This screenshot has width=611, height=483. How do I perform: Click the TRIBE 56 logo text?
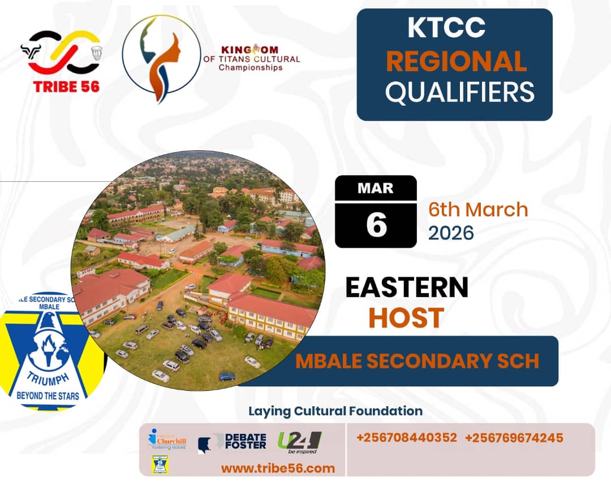click(x=66, y=86)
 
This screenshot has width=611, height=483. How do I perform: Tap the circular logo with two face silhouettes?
click(x=161, y=59)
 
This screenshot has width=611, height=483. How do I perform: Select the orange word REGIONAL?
click(x=456, y=62)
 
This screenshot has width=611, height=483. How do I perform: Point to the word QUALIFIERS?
click(x=459, y=92)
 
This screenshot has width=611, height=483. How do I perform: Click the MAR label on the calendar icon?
click(x=376, y=188)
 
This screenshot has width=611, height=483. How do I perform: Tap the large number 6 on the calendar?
click(x=376, y=224)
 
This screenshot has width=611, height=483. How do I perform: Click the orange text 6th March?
click(x=478, y=210)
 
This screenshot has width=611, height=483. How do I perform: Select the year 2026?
click(x=451, y=232)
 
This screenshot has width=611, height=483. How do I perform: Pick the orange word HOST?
click(x=406, y=318)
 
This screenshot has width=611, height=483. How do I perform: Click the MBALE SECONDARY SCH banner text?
click(x=417, y=361)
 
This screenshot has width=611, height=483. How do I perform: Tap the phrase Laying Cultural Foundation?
click(x=335, y=411)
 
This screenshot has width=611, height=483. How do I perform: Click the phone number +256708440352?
click(x=407, y=438)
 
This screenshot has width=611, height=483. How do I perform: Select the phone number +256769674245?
click(x=514, y=438)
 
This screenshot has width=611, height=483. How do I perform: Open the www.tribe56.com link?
click(x=278, y=468)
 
